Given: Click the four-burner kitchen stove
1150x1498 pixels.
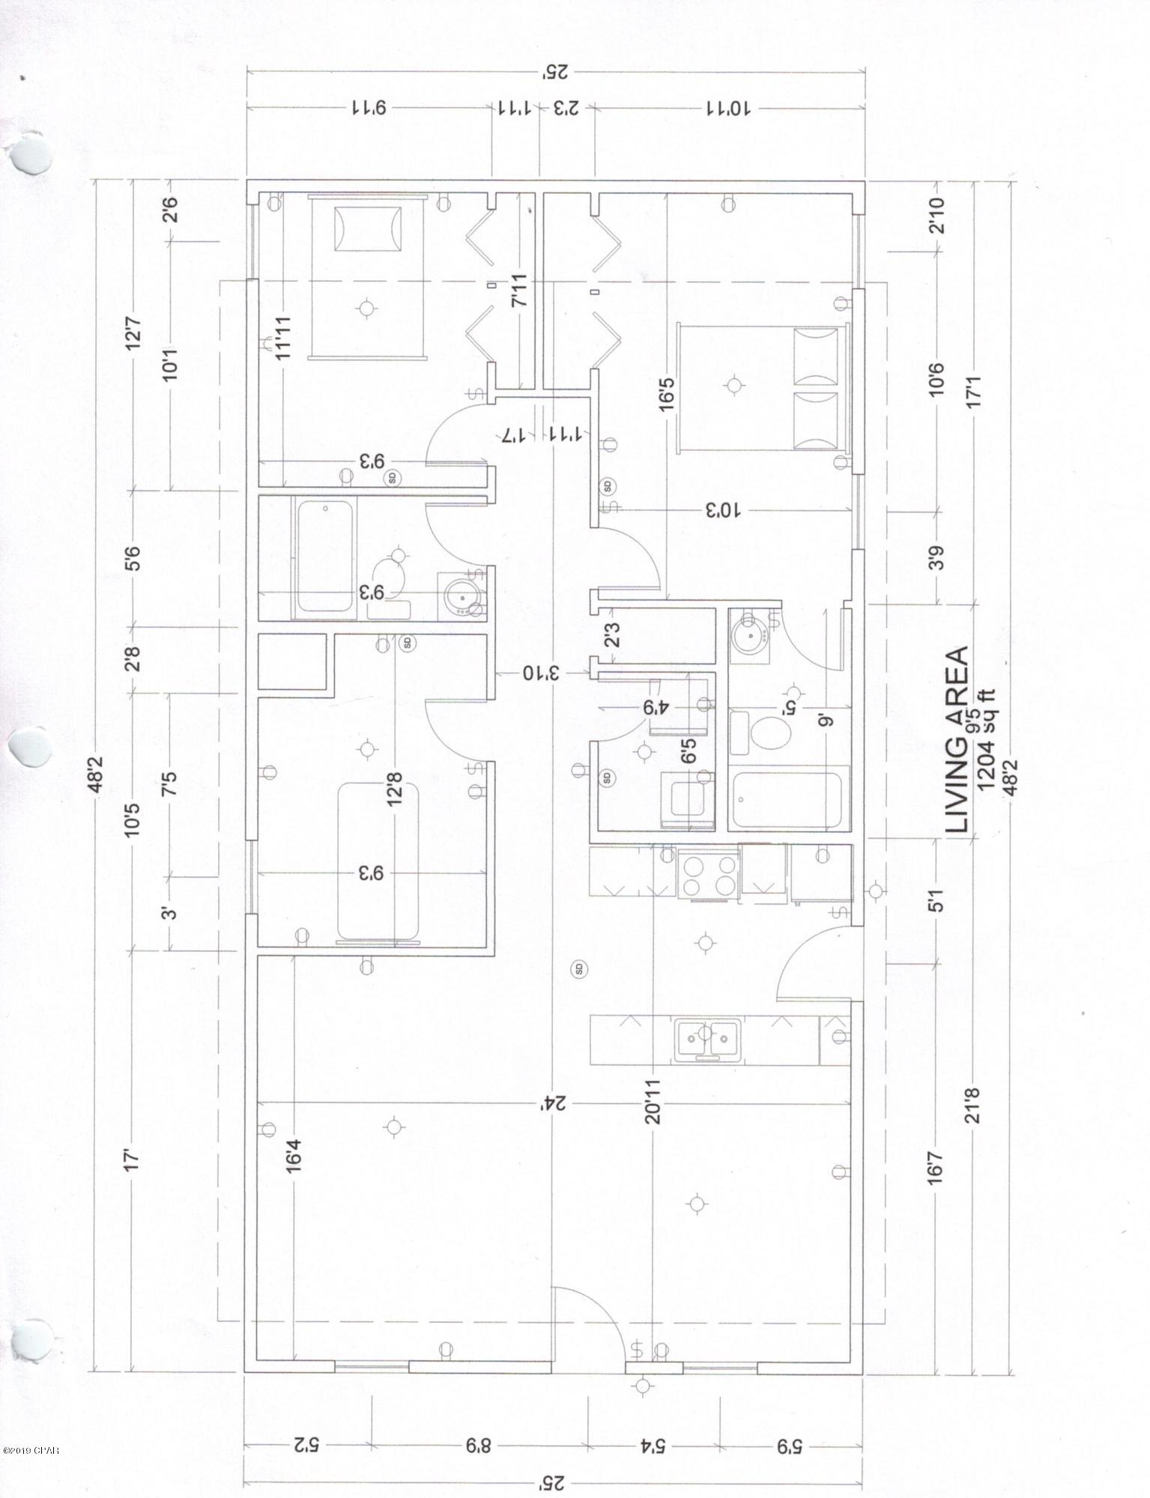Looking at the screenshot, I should coord(707,874).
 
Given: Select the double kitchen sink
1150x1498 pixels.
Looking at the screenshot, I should coord(706,1040).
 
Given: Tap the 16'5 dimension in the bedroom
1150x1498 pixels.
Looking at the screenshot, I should coord(667,392).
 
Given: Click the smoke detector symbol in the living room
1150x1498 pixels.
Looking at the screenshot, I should coord(578,968).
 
